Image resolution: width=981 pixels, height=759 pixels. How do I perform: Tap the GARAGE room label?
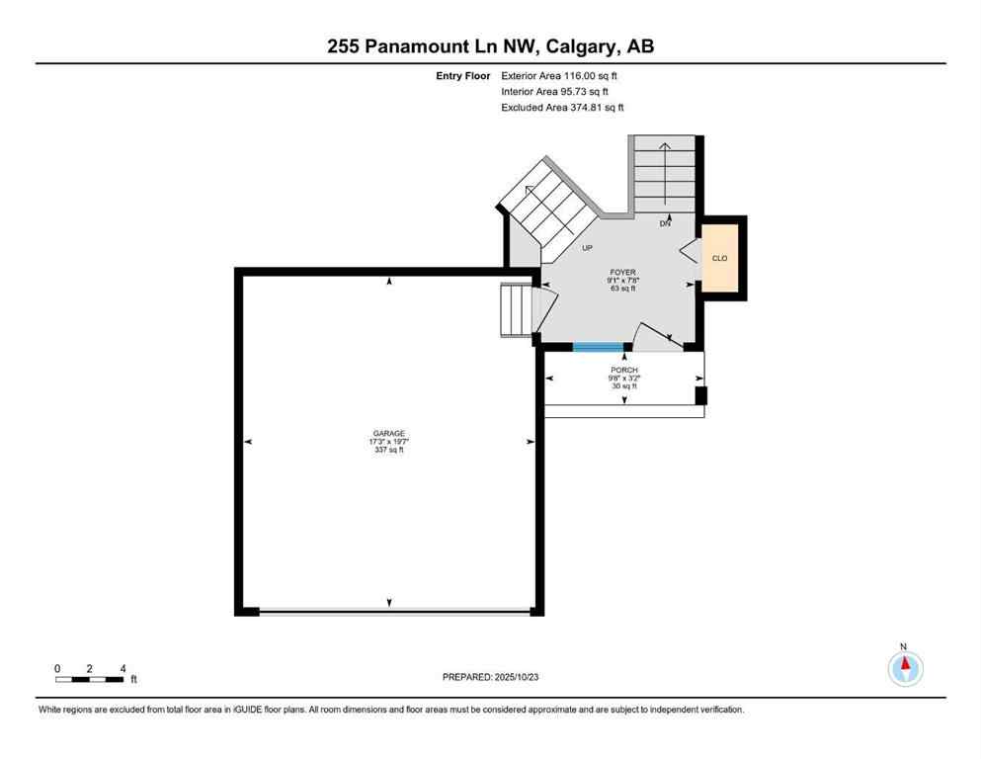389,433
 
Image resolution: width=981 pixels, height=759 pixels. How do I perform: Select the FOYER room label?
622,272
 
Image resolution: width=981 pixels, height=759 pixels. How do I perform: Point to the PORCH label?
623,370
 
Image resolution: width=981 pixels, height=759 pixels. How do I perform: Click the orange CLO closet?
720,258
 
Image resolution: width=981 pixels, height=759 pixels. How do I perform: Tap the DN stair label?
666,224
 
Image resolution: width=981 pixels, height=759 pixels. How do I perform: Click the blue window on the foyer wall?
598,346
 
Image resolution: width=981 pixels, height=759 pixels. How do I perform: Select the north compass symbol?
905,669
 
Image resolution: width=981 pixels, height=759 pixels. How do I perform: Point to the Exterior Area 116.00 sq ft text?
560,75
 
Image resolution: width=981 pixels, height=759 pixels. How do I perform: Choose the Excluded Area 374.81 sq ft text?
562,107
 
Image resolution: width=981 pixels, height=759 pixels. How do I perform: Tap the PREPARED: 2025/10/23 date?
491,677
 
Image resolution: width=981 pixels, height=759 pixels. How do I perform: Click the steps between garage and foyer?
516,310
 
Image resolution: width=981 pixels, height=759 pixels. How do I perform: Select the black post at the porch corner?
700,395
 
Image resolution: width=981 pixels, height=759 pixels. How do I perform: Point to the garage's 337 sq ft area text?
389,450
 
